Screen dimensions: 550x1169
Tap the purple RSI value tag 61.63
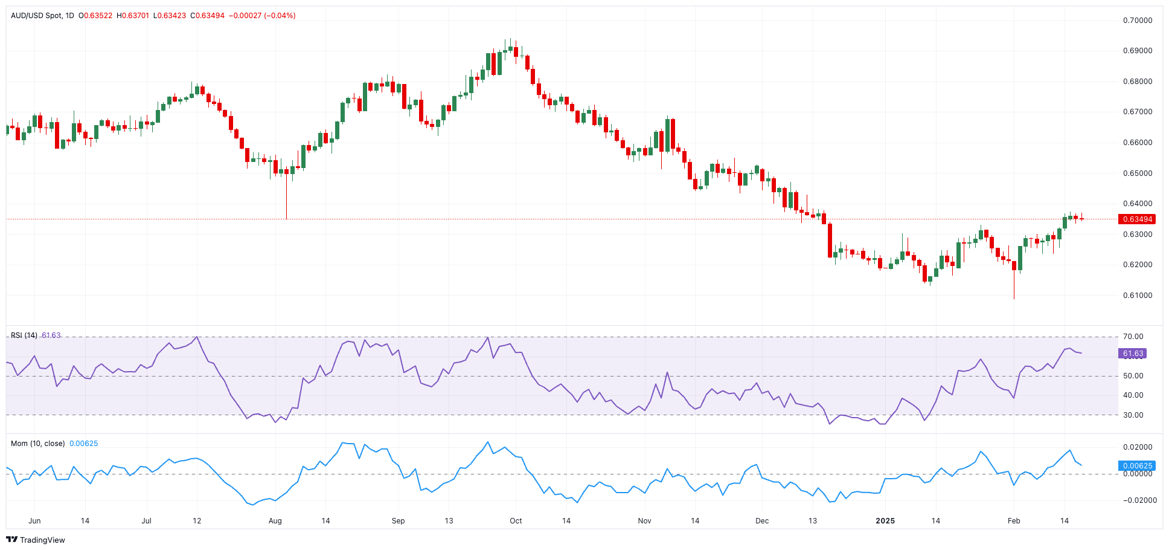click(1133, 354)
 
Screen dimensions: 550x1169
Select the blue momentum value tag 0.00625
click(1138, 466)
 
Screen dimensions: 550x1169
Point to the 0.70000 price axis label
click(1138, 21)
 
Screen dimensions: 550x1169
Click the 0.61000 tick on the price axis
click(1138, 296)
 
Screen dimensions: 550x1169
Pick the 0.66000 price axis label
click(1138, 143)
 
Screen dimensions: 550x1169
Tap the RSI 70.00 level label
click(1133, 337)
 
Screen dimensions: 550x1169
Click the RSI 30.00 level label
click(1133, 415)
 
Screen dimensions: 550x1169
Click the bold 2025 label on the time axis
click(885, 521)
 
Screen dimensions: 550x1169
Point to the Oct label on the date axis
click(516, 521)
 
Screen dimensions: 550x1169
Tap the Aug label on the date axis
click(275, 521)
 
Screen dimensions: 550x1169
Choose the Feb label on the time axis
click(1014, 521)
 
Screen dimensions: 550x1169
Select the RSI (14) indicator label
click(24, 335)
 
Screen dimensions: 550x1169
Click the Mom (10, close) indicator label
click(38, 444)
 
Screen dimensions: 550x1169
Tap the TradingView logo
click(36, 540)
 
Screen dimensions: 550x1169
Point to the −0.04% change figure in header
click(280, 16)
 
